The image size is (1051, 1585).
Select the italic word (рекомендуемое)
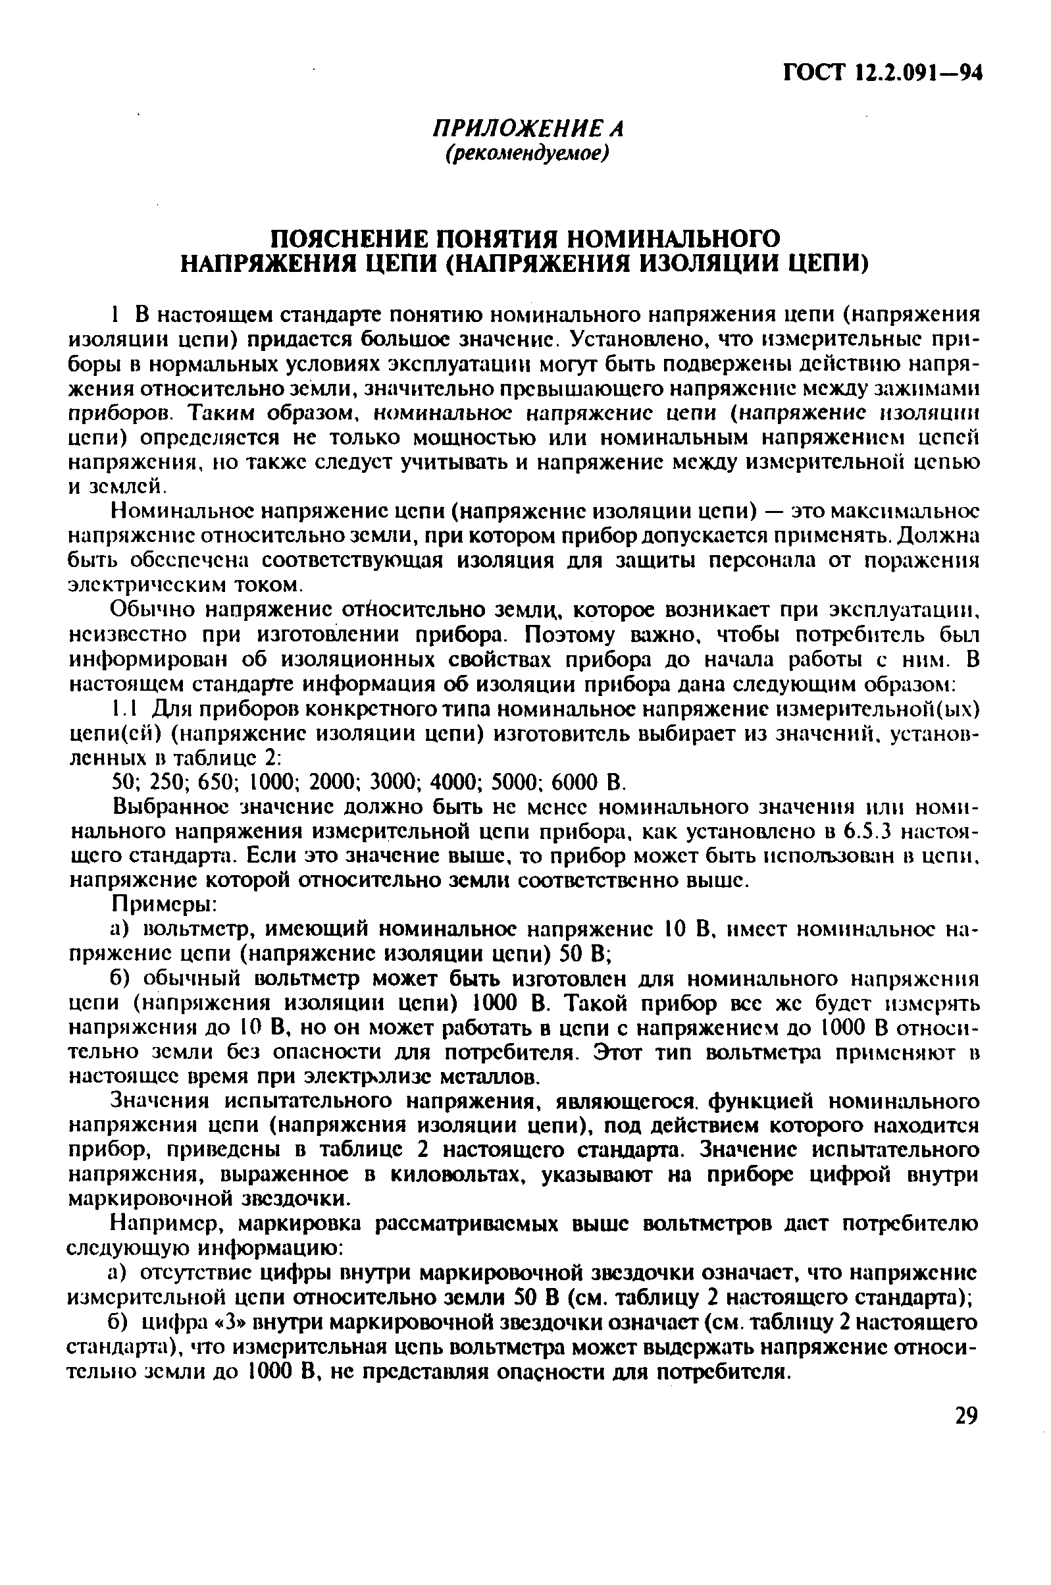(528, 153)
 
